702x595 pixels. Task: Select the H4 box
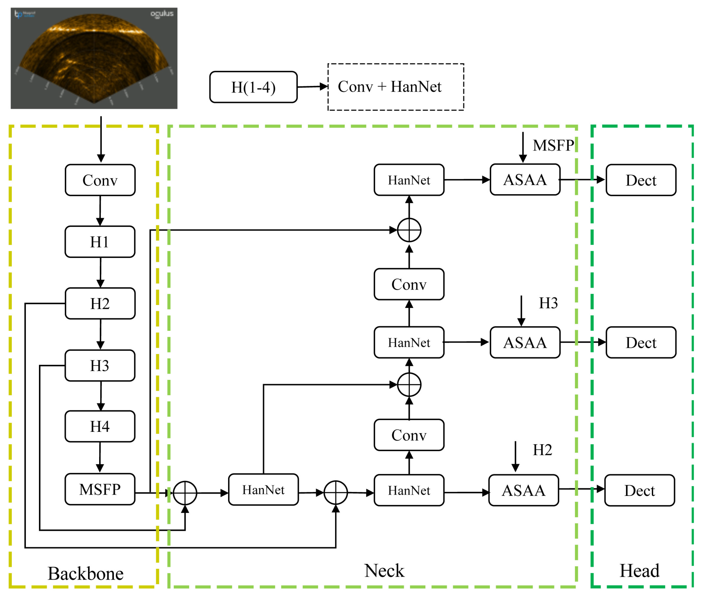100,426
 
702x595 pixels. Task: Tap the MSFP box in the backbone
100,489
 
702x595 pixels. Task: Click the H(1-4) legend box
253,87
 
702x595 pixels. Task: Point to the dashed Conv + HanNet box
396,87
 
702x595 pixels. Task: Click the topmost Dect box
641,180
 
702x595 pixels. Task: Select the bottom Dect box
639,490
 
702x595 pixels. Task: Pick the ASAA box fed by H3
525,342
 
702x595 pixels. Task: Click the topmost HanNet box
409,180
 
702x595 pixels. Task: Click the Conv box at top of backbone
100,180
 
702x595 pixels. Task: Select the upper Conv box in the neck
409,284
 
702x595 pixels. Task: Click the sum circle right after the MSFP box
185,493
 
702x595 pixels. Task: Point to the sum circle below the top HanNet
409,230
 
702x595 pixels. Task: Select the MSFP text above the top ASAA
553,145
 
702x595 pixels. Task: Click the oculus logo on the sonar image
162,14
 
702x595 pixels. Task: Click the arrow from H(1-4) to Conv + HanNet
312,87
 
